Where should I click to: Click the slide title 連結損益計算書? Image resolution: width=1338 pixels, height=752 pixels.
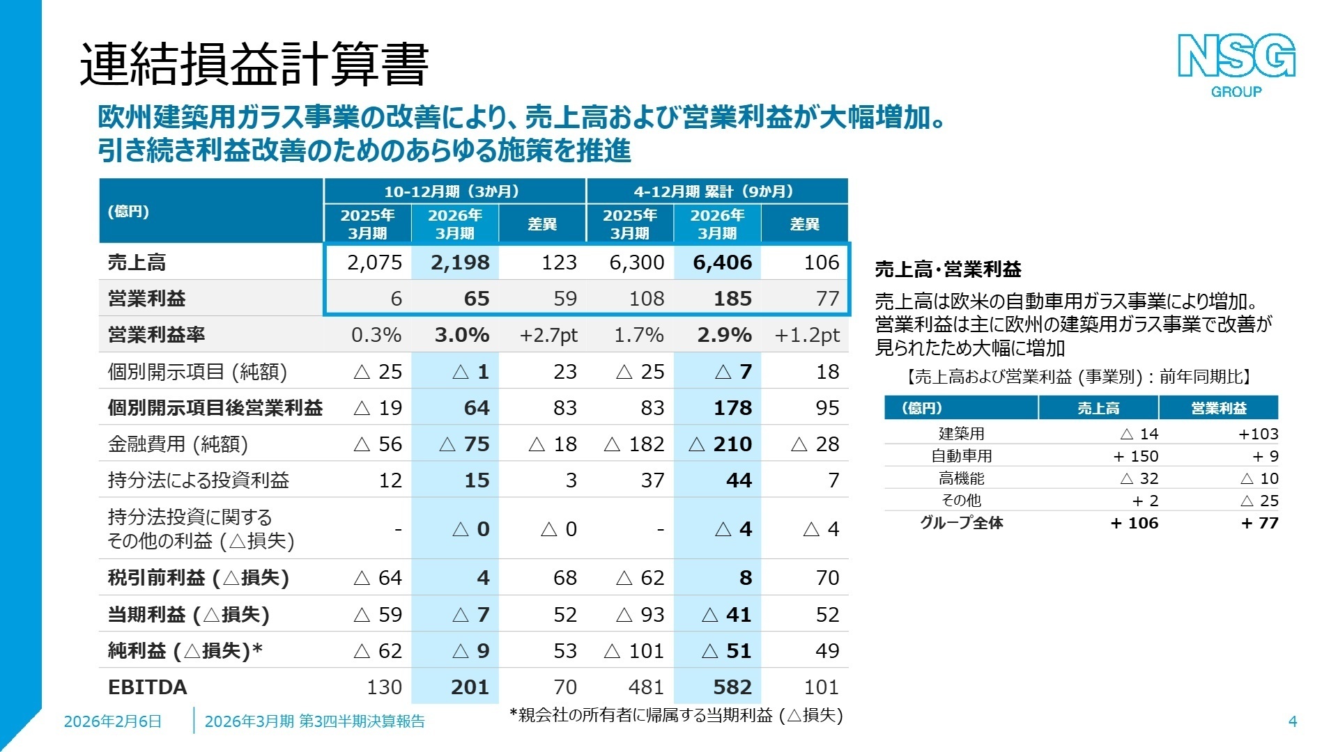[254, 65]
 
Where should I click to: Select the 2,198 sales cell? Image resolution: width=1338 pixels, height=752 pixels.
[460, 263]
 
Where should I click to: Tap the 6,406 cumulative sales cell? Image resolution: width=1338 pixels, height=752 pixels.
[722, 263]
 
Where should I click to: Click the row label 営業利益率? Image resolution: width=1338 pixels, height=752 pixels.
[157, 335]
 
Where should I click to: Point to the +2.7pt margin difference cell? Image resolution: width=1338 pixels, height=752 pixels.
[548, 336]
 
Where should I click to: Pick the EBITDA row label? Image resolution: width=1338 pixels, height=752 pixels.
[148, 687]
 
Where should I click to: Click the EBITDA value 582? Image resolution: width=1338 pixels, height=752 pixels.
[732, 687]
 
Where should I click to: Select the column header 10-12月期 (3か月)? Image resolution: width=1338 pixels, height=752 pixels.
[454, 191]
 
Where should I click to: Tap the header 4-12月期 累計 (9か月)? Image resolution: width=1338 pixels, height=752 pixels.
[716, 191]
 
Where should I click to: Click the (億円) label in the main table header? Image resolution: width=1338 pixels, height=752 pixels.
[128, 212]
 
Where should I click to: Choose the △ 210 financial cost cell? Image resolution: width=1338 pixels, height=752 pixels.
[720, 444]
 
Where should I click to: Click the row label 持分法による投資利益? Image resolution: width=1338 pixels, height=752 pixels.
[199, 480]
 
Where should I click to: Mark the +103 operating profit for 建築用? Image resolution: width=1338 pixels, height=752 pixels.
[1258, 434]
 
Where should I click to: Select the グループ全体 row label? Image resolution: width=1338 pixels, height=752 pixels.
[961, 523]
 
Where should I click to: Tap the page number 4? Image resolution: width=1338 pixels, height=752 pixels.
[1292, 721]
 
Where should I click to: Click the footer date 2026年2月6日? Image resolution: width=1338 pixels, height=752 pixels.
[113, 721]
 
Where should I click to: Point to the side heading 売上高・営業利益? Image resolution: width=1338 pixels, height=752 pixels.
[948, 269]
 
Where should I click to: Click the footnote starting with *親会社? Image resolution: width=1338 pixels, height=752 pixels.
[676, 715]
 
